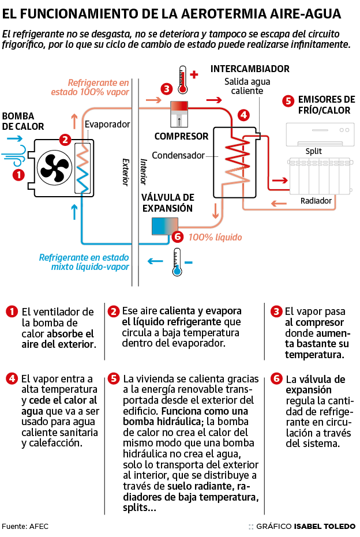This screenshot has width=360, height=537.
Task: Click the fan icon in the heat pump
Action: tap(53, 168)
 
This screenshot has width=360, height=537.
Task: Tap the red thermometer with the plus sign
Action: tap(183, 80)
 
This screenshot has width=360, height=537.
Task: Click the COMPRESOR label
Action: tap(181, 137)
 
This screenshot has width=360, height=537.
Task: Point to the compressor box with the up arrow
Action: tap(179, 114)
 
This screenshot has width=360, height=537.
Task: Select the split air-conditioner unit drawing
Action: tap(318, 134)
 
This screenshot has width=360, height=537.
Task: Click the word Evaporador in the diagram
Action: tap(107, 124)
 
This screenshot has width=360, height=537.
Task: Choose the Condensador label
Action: tap(178, 155)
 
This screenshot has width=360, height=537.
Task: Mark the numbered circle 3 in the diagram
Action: tap(167, 89)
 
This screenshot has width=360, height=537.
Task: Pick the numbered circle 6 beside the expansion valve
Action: tap(177, 236)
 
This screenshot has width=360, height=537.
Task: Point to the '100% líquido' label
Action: tap(215, 237)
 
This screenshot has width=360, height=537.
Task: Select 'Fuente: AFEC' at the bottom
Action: tap(23, 527)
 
